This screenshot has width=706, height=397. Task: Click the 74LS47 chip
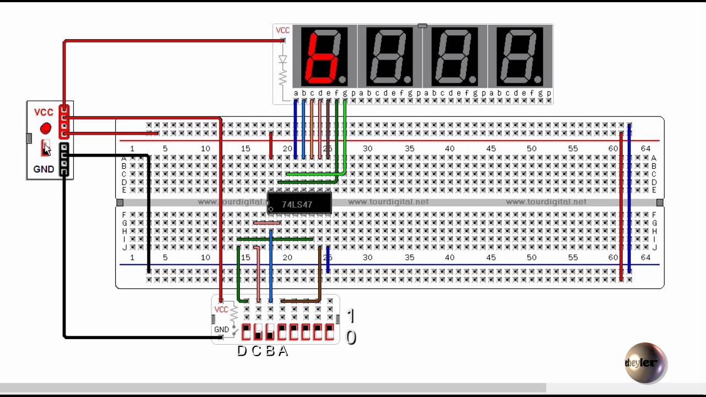point(299,203)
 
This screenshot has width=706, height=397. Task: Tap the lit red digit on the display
point(324,56)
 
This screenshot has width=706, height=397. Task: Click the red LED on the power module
point(45,128)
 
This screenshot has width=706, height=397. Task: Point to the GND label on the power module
point(44,169)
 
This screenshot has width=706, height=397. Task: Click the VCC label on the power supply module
point(44,112)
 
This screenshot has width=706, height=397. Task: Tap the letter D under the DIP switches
point(242,351)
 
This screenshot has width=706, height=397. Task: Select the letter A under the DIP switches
point(283,351)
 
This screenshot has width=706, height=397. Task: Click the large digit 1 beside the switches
point(351,316)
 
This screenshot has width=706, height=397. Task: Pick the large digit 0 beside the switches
point(351,337)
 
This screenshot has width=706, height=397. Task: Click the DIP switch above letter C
point(258,332)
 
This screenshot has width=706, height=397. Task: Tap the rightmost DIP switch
point(329,332)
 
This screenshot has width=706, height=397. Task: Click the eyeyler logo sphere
point(645,362)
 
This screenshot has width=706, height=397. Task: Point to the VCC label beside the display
point(282,30)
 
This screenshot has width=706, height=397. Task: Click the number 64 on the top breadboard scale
point(645,148)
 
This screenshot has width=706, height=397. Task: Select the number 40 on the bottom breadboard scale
point(450,257)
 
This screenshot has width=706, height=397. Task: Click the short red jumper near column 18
point(270,145)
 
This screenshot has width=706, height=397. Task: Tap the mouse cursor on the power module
point(46,148)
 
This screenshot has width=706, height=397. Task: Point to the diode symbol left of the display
point(283,59)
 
